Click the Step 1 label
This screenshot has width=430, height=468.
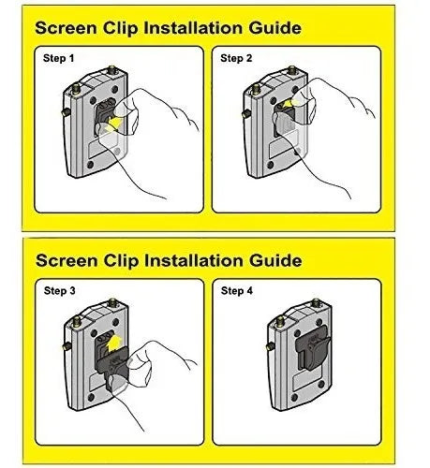[x=59, y=58]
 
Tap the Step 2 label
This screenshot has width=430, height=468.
[x=236, y=58]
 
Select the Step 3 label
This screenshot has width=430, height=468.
[x=60, y=291]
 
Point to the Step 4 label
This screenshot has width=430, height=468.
[x=237, y=291]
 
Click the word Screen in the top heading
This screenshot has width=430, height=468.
[x=66, y=28]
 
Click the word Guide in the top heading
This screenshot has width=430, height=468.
[x=275, y=28]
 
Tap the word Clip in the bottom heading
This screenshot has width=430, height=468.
[x=121, y=261]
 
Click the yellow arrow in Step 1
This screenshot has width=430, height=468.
[x=113, y=124]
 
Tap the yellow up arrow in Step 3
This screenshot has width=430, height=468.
[x=113, y=343]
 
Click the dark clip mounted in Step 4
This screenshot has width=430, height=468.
[x=313, y=347]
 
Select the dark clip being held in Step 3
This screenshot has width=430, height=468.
[x=112, y=368]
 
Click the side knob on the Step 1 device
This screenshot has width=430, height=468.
[x=66, y=112]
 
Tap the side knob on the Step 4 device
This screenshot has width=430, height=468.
[x=271, y=345]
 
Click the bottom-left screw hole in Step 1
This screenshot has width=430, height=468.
[x=90, y=165]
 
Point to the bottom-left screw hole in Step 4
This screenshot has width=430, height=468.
[x=294, y=397]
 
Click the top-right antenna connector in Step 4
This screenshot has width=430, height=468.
[x=317, y=302]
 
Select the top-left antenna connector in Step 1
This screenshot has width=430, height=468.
[x=76, y=88]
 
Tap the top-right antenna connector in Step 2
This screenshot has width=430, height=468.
[x=292, y=70]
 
